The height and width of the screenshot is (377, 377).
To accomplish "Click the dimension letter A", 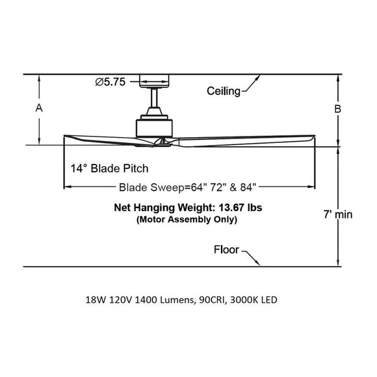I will click(40, 109).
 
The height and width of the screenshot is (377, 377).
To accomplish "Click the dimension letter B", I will click(337, 109).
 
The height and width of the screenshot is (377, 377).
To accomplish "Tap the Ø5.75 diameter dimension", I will click(114, 82).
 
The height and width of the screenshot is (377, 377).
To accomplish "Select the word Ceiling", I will click(224, 90).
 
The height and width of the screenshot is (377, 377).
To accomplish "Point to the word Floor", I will click(227, 250).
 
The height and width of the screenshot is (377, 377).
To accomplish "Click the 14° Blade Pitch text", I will click(110, 168).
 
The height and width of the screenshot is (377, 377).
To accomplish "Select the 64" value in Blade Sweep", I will click(194, 188).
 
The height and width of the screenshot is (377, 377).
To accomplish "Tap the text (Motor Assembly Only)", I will click(187, 220).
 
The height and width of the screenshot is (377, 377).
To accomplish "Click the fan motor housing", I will click(154, 127).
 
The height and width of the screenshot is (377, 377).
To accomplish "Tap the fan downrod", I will click(155, 98).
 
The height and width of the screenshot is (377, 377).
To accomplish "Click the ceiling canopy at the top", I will click(155, 81).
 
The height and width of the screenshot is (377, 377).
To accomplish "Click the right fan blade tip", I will click(312, 139).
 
